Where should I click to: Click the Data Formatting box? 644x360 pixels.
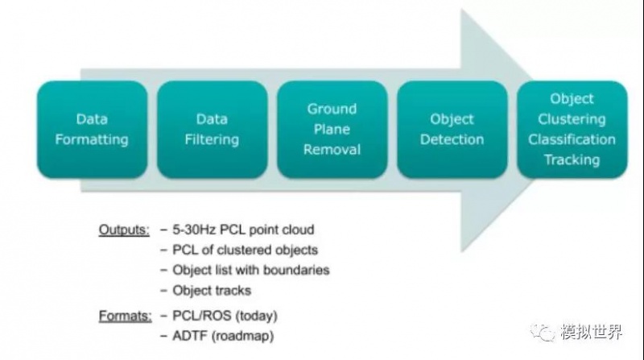coord(92,130)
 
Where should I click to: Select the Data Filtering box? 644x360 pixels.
coord(212,130)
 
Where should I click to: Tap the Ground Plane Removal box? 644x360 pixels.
coord(332,130)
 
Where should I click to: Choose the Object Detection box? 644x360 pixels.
coord(452,130)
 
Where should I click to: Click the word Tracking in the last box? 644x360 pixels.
coord(572,159)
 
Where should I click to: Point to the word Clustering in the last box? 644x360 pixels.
coord(572,119)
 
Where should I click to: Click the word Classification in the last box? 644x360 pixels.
coord(572,139)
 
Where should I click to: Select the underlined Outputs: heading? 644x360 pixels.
coord(124,230)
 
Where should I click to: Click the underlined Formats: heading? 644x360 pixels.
coord(126,316)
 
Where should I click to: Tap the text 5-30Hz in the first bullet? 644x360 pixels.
coord(195,230)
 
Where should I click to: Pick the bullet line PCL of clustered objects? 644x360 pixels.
coord(246,250)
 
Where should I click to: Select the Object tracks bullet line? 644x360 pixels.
coord(212,291)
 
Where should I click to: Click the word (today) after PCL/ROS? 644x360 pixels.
coord(256,316)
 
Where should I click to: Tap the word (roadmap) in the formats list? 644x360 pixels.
coord(243,336)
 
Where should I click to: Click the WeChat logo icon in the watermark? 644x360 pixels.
coord(542,332)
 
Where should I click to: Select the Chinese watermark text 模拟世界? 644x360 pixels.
coord(592,332)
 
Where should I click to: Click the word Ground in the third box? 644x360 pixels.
coord(332,109)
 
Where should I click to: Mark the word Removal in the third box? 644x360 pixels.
coord(332,150)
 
